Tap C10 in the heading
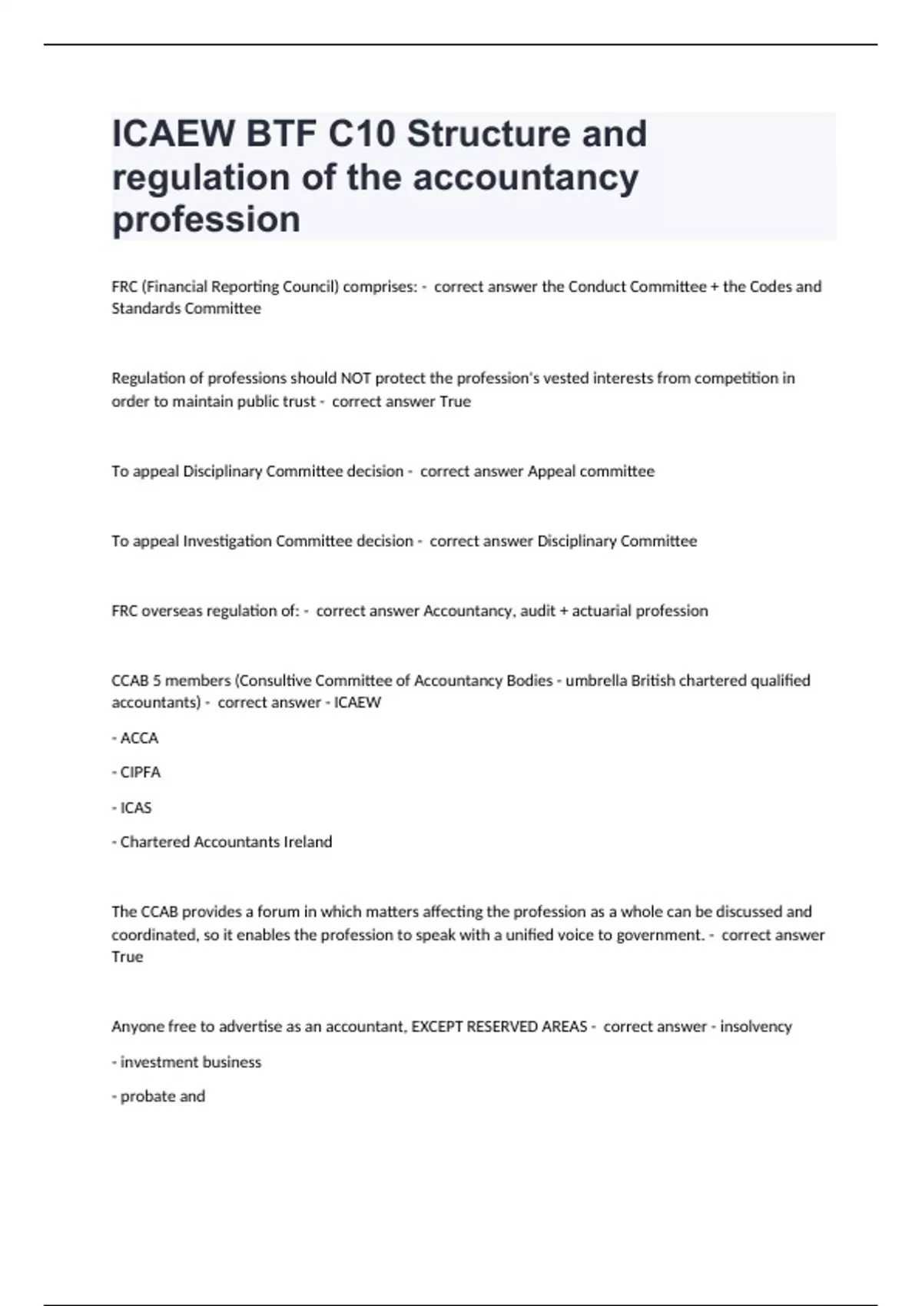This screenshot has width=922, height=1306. [x=361, y=134]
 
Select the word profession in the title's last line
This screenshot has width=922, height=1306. [x=206, y=220]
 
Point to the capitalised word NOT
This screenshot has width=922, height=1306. [x=359, y=378]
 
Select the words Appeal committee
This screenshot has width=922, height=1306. [x=591, y=471]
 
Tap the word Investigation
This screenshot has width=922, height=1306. [x=227, y=541]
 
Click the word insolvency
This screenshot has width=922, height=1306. [x=755, y=1026]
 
